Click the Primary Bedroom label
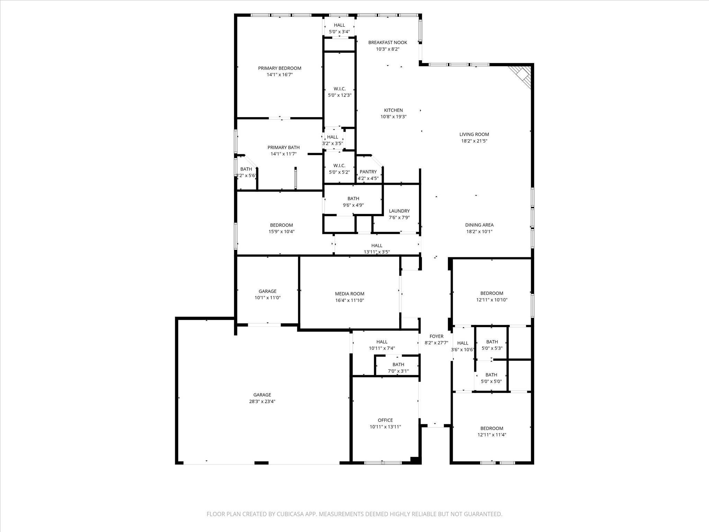[279, 68]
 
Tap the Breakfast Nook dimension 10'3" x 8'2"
[387, 49]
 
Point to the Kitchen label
[393, 110]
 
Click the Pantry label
[368, 172]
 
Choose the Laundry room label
[399, 211]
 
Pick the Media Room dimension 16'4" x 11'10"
[349, 300]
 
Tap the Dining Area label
[479, 225]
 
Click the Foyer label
[436, 336]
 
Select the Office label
[385, 420]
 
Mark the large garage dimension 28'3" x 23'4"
[262, 401]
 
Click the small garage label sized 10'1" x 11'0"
[267, 291]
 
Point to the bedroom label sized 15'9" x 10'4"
[281, 225]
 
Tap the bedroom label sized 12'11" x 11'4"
[492, 428]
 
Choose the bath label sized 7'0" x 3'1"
[398, 364]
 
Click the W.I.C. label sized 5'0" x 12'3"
[340, 89]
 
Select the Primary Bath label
[284, 148]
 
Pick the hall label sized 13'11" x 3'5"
[377, 246]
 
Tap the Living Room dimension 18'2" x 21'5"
[474, 141]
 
